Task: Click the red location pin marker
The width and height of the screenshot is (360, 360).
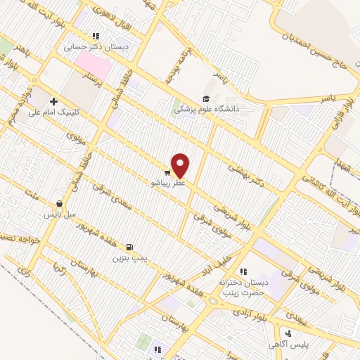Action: coord(181,165)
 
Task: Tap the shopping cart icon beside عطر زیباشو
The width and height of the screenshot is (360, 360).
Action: coord(167,171)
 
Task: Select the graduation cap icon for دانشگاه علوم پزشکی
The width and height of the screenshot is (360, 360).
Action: coord(206,98)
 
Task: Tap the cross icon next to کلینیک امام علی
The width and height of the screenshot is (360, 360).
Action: coord(53,101)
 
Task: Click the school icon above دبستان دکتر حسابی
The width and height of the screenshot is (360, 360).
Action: coord(96,36)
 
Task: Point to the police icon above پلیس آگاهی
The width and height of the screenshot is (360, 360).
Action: coord(288,333)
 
